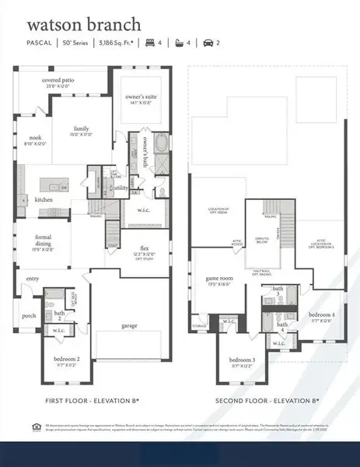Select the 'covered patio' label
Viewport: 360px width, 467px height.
click(58, 81)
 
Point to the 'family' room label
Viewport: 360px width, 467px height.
click(82, 129)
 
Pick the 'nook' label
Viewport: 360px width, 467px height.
click(35, 139)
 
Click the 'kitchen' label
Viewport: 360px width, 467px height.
click(44, 199)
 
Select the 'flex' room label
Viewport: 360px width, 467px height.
click(142, 248)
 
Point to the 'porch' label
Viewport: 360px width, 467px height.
click(29, 315)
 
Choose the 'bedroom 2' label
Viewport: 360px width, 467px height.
click(68, 360)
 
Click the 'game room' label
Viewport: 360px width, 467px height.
click(218, 278)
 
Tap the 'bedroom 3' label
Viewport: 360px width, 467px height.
click(242, 360)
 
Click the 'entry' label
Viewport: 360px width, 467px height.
click(32, 278)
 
